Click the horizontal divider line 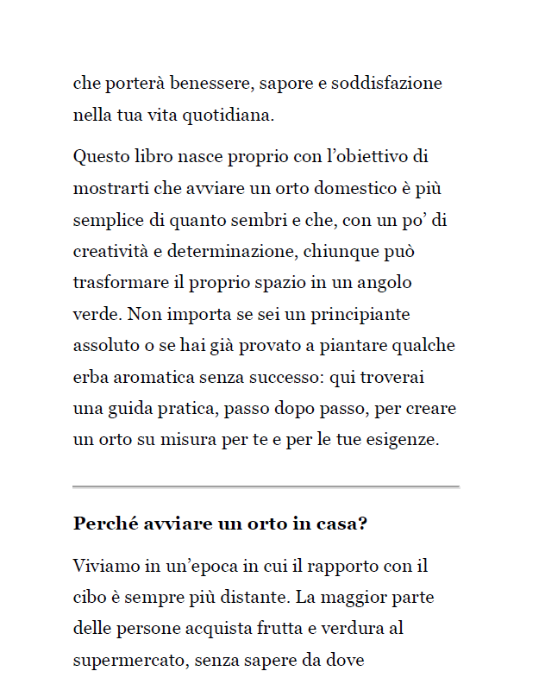tap(266, 487)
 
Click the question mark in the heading tap(363, 524)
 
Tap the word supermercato tap(129, 661)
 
